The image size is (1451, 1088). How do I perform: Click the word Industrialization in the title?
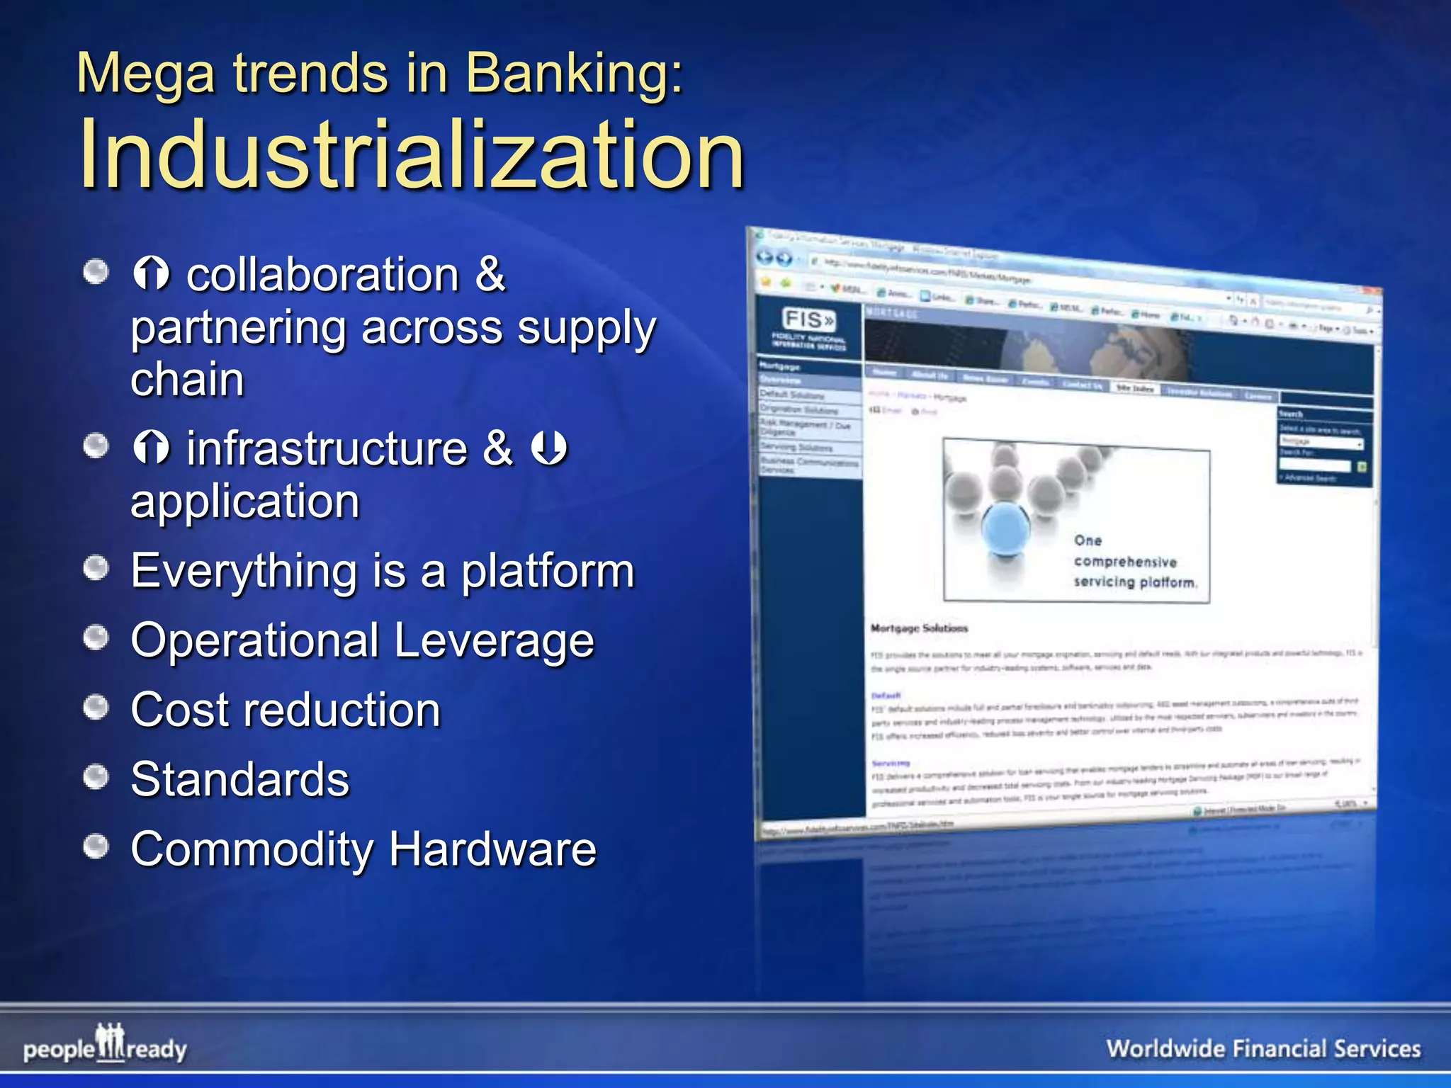pyautogui.click(x=411, y=154)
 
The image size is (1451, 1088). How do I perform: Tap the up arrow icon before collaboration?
pyautogui.click(x=151, y=273)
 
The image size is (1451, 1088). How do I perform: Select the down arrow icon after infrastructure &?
pyautogui.click(x=549, y=448)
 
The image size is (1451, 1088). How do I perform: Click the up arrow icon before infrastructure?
pyautogui.click(x=151, y=448)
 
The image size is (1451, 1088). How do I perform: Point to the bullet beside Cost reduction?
pyautogui.click(x=96, y=707)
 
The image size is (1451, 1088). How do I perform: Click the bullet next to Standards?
pyautogui.click(x=96, y=777)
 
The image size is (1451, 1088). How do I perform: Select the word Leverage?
pyautogui.click(x=494, y=640)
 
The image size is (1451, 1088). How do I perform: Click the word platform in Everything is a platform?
pyautogui.click(x=548, y=571)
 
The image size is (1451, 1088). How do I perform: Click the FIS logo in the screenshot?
pyautogui.click(x=808, y=320)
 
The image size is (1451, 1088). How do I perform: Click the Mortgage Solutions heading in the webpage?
pyautogui.click(x=919, y=628)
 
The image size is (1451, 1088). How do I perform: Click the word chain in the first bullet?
pyautogui.click(x=188, y=380)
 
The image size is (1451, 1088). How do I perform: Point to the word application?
pyautogui.click(x=245, y=501)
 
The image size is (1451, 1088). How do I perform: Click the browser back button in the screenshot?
pyautogui.click(x=764, y=257)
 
